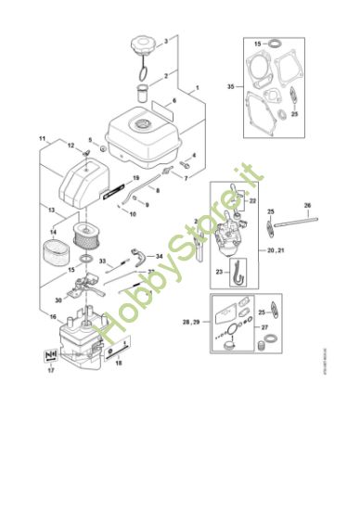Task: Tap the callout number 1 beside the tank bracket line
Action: (197, 89)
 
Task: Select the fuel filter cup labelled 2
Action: (143, 93)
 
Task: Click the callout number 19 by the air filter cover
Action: (135, 177)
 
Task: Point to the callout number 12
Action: (70, 146)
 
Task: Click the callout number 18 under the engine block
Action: (118, 363)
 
